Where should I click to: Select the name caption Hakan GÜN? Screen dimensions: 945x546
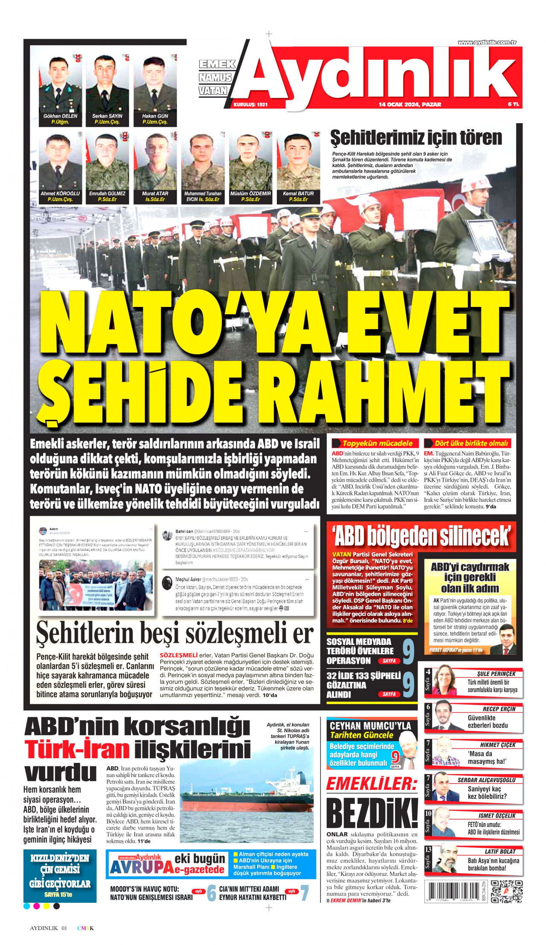pos(155,116)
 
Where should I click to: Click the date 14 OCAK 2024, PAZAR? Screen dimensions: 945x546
pos(410,104)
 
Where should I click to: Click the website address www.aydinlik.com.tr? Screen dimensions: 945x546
pos(487,42)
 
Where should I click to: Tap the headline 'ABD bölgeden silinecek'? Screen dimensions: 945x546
pos(422,536)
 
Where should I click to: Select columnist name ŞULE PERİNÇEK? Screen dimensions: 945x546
pos(496,674)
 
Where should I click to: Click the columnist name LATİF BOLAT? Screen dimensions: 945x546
pos(500,851)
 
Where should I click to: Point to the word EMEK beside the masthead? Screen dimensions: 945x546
pos(217,64)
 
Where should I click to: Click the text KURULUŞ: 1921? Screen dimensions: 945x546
pos(251,104)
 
